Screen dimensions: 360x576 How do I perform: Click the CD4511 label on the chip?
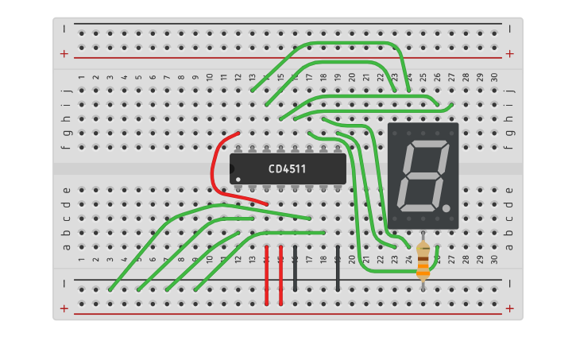(287, 168)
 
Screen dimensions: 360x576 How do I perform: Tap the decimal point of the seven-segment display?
(447, 208)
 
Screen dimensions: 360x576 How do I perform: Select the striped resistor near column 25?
(423, 260)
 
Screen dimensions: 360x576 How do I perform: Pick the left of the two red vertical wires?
(266, 275)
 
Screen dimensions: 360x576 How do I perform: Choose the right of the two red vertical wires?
(280, 275)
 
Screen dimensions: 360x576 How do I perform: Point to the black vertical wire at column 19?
(338, 269)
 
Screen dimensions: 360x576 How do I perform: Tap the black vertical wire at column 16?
(295, 269)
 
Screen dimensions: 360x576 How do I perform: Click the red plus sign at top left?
(64, 54)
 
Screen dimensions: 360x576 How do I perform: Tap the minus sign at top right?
(509, 28)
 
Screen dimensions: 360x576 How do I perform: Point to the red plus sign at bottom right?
(509, 308)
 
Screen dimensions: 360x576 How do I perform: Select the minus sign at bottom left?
(64, 283)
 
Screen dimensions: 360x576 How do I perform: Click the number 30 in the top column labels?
(494, 78)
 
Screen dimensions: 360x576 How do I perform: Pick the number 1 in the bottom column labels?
(81, 260)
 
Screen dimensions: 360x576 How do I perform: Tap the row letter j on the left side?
(67, 90)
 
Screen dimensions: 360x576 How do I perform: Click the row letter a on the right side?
(509, 246)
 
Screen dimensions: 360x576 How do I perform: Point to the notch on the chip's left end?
(233, 168)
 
